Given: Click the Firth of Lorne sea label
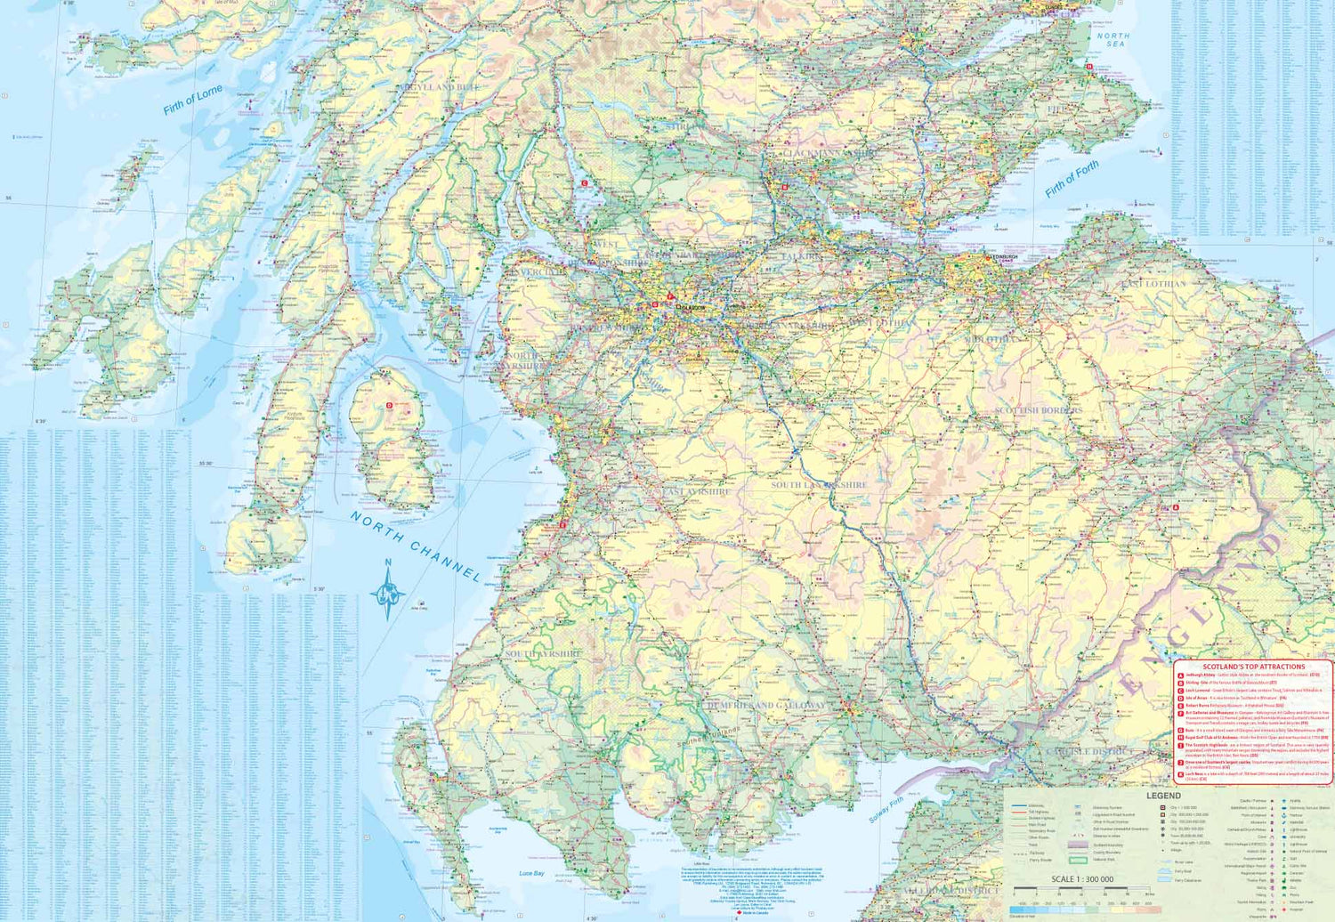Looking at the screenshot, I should point(192,101).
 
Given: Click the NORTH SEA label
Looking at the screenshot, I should point(1112,40).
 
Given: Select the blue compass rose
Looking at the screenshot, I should point(388,592).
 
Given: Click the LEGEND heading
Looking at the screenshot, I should point(1163,796).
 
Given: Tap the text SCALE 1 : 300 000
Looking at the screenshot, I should point(1081,879).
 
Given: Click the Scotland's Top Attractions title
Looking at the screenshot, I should point(1253,667).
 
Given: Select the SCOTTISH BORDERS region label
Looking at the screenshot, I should point(1038,410).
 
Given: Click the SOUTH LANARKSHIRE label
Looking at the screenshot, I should point(818,485).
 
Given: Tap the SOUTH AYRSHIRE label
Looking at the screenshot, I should point(543,654).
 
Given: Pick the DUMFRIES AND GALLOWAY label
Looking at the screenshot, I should point(764,705).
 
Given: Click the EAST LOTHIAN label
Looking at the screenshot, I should point(1153,283).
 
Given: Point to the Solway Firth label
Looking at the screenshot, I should point(886,809).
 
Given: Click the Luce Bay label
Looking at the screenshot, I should point(531,873).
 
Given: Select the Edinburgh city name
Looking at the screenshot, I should point(1004,256).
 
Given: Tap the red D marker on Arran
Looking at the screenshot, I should point(389,406).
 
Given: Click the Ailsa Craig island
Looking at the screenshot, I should point(419,603).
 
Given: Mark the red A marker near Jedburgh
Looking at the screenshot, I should point(1176,508).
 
